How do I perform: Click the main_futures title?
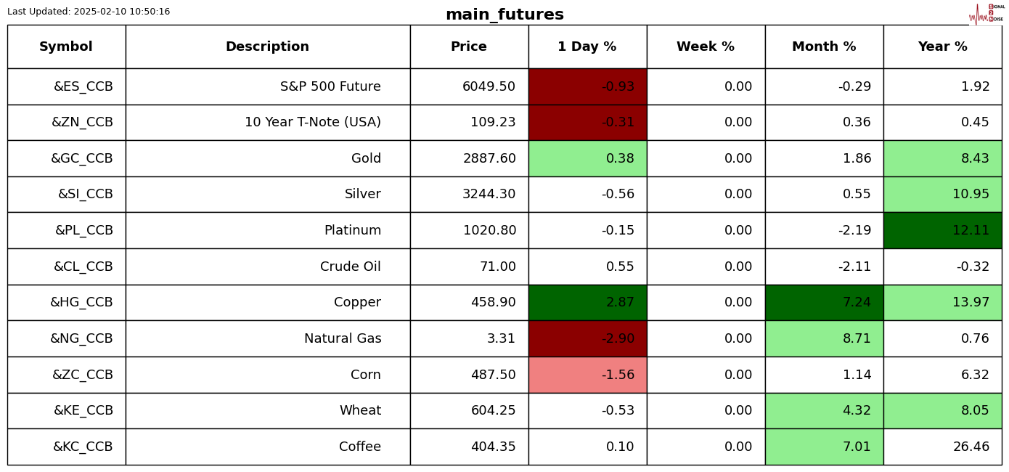click(504, 15)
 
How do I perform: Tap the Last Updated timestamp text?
click(89, 12)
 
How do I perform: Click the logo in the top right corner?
click(986, 14)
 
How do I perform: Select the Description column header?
click(267, 47)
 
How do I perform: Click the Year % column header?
click(942, 47)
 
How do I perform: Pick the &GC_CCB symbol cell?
click(82, 158)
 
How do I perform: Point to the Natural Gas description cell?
click(343, 338)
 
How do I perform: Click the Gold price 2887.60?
click(489, 158)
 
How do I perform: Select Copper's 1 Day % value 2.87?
click(620, 303)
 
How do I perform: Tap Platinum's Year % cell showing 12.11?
click(971, 231)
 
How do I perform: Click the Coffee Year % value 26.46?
click(971, 447)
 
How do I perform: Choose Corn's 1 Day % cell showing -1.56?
click(618, 375)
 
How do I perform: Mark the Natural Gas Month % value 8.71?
click(857, 338)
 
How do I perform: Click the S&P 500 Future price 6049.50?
click(489, 86)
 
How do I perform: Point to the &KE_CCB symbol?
click(83, 410)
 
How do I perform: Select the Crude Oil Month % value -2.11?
click(854, 266)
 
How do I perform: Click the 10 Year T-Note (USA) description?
click(312, 123)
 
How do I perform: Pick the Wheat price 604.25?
click(493, 410)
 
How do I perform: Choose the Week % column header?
click(705, 47)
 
